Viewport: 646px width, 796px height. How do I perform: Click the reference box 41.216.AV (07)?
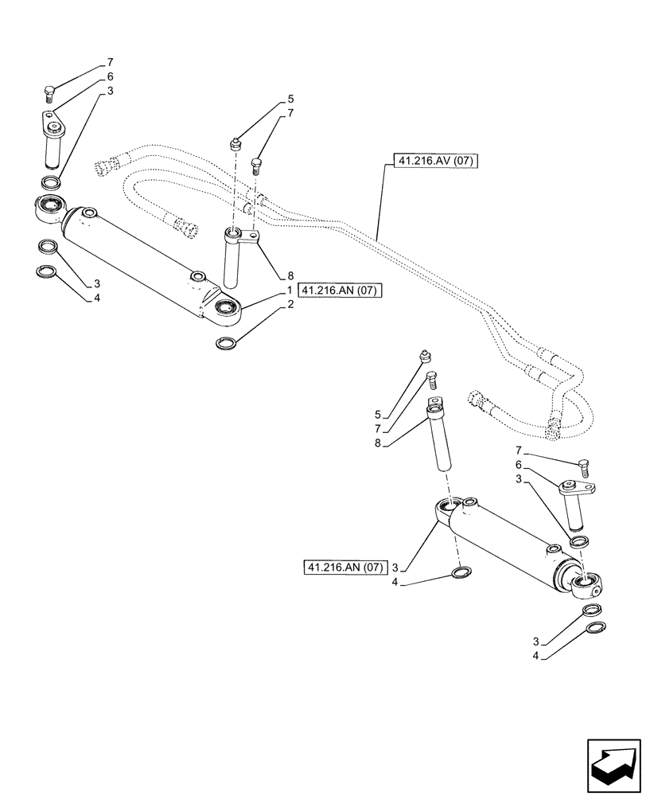[x=434, y=162]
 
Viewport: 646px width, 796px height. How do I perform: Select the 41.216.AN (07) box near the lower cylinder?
[x=344, y=567]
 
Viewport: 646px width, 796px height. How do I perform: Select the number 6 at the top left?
[x=111, y=76]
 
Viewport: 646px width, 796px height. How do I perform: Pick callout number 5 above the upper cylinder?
[x=291, y=99]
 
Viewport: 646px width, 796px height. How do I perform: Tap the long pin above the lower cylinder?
[x=440, y=438]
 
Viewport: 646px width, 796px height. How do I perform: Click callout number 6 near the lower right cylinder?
[x=518, y=464]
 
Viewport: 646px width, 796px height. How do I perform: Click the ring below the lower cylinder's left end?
[x=460, y=572]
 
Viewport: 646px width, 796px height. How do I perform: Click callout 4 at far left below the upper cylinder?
[x=97, y=298]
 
